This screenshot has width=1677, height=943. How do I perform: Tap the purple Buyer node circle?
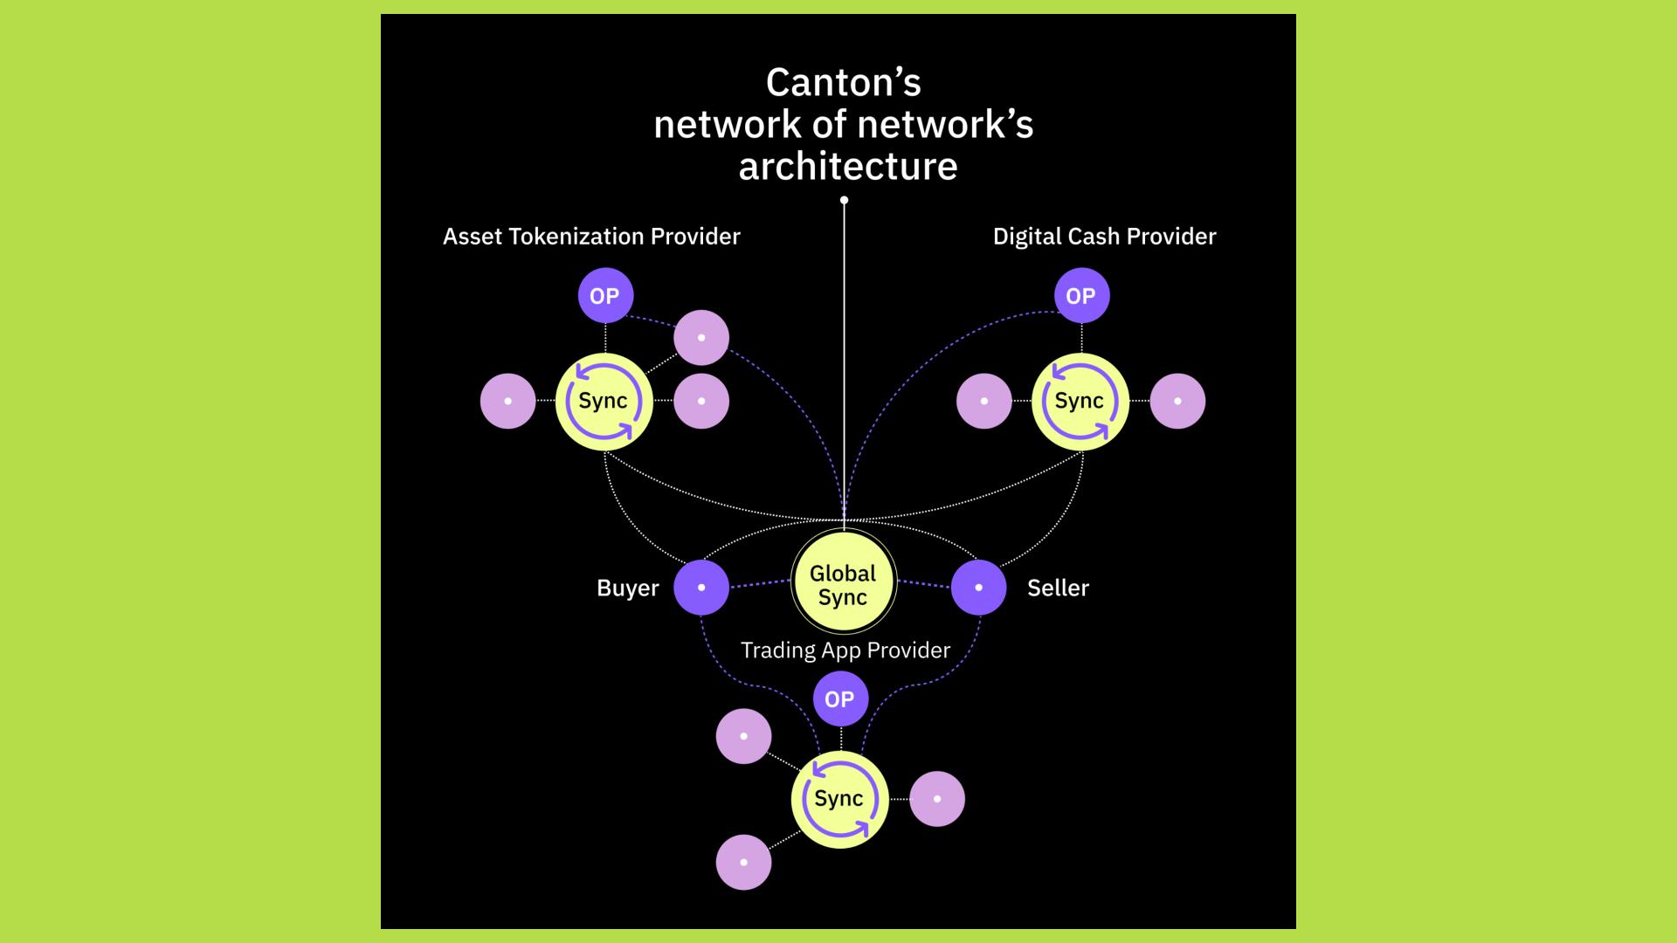(x=701, y=588)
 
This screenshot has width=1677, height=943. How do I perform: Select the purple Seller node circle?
(x=978, y=588)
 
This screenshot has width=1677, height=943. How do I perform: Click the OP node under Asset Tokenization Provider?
(x=604, y=296)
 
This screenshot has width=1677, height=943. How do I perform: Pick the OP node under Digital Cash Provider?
(x=1081, y=296)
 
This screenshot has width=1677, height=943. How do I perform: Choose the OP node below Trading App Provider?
(x=839, y=699)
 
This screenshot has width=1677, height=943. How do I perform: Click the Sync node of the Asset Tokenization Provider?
(x=604, y=402)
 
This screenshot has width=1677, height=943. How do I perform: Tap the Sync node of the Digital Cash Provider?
(x=1080, y=402)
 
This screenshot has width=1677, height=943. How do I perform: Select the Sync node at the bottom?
(x=839, y=799)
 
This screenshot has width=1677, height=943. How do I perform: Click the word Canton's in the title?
(x=843, y=83)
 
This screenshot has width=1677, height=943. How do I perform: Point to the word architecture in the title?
(x=848, y=166)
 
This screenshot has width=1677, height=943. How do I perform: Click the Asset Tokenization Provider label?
(x=591, y=237)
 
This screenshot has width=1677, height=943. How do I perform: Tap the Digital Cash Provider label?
(x=1104, y=237)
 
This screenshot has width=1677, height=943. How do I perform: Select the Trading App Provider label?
(x=845, y=650)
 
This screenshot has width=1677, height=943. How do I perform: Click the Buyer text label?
(x=627, y=589)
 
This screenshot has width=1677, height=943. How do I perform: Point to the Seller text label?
(x=1058, y=589)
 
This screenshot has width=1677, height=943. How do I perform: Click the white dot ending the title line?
(x=844, y=201)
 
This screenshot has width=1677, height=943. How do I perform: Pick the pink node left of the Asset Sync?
(x=507, y=402)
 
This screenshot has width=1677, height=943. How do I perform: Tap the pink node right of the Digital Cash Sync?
(x=1177, y=402)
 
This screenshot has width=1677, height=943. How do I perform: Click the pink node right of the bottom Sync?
(x=937, y=799)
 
